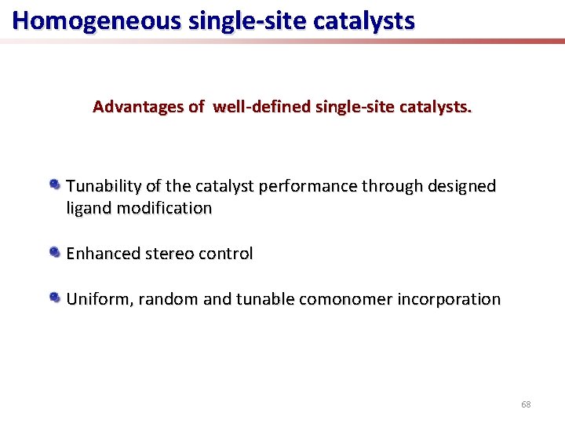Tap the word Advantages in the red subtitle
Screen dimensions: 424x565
pos(137,107)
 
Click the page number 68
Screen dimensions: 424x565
pos(526,404)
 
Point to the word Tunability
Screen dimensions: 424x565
pos(104,186)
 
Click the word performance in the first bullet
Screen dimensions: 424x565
pos(315,186)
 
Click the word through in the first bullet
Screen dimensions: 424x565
pos(391,186)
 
